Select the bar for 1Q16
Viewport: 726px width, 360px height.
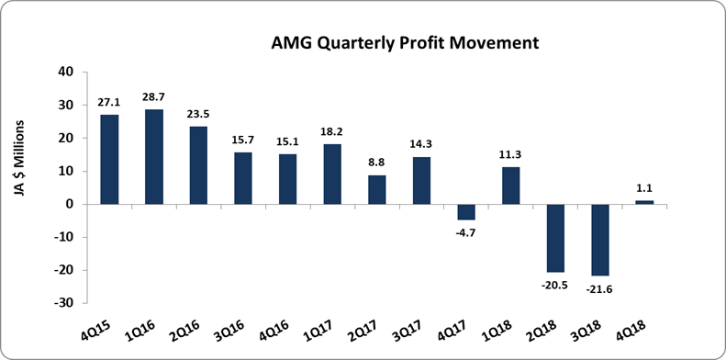(x=154, y=156)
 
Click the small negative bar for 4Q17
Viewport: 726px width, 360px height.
(x=466, y=211)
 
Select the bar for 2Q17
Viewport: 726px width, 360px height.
(x=377, y=189)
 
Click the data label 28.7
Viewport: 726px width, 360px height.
(x=154, y=97)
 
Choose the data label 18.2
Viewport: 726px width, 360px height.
(x=332, y=132)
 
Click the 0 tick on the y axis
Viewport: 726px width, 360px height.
(x=70, y=204)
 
